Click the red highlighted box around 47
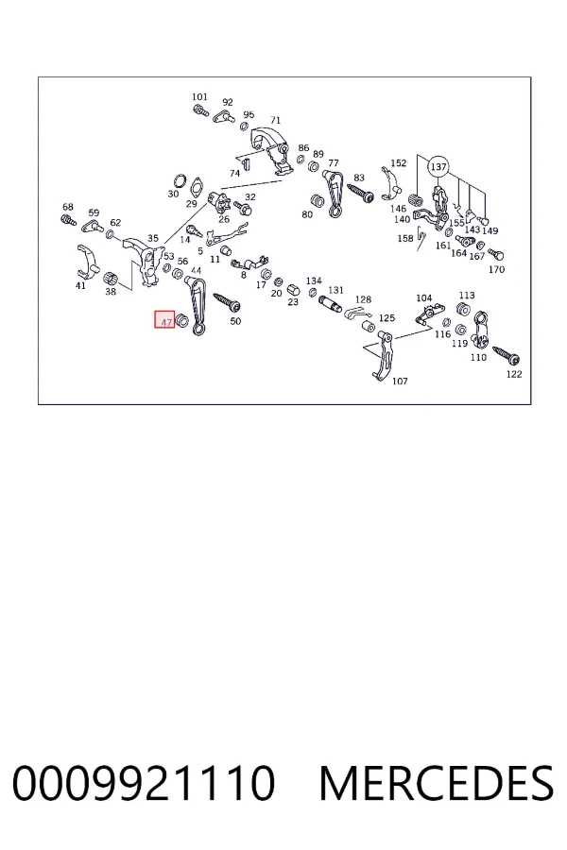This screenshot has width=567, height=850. (164, 319)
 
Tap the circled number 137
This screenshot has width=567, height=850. (438, 167)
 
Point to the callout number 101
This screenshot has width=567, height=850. (199, 97)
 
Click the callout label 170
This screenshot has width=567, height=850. (496, 269)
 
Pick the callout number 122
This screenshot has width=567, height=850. (514, 374)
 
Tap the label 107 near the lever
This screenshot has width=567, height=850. (400, 382)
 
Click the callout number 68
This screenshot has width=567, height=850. (68, 207)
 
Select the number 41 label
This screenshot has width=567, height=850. (80, 285)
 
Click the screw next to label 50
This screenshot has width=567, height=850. (228, 302)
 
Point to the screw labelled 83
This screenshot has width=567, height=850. (360, 193)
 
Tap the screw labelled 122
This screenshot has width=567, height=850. (507, 356)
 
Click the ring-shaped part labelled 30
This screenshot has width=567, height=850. (180, 181)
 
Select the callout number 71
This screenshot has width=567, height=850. (276, 120)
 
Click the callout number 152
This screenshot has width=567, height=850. (398, 162)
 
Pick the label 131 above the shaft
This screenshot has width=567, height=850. (335, 290)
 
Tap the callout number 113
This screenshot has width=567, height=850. (467, 296)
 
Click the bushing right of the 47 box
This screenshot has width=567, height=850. (183, 320)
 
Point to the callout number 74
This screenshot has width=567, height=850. (234, 174)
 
